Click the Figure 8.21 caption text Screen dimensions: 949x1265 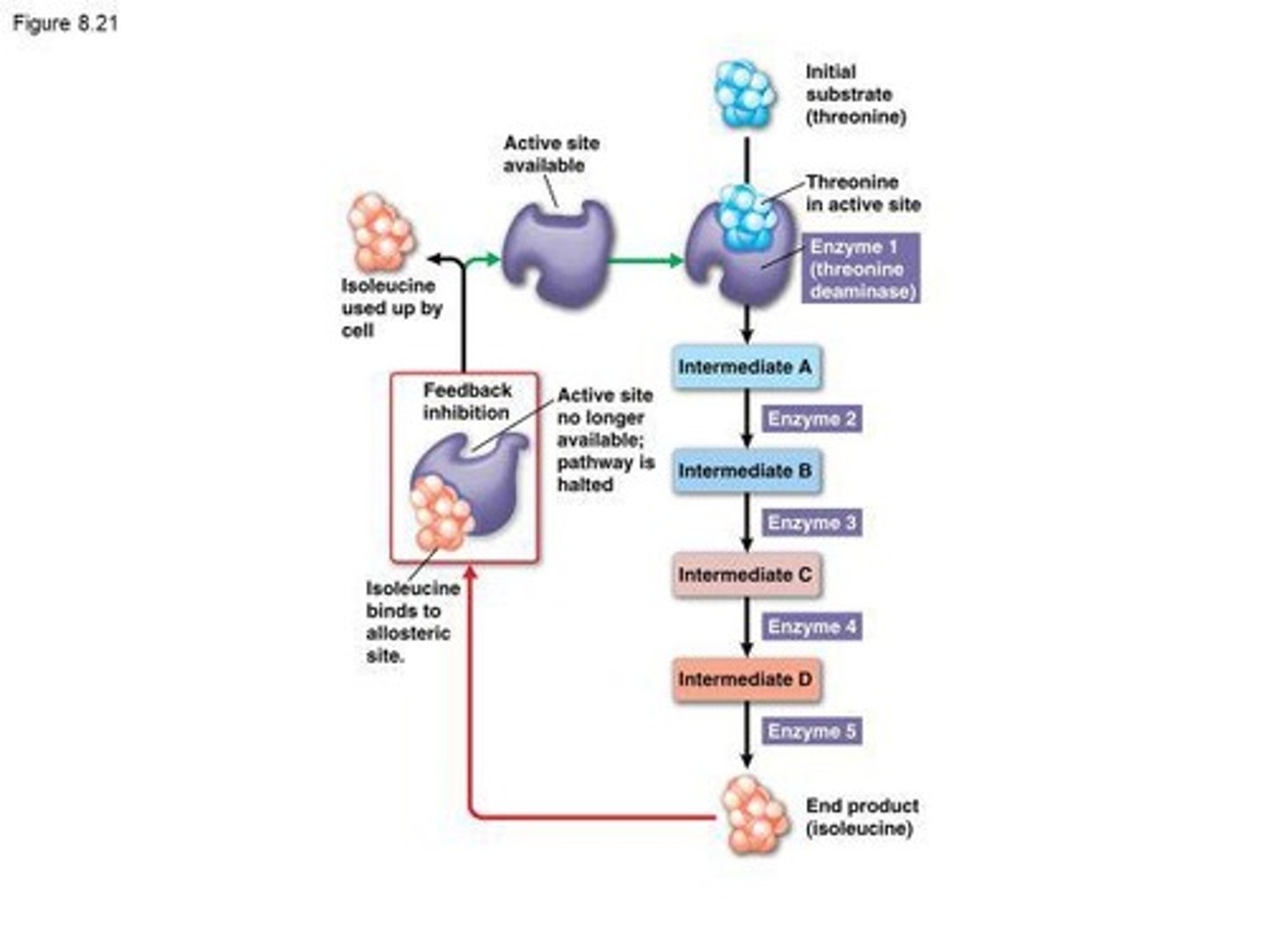coord(65,24)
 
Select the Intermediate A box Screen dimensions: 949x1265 coord(745,367)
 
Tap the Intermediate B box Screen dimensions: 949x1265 coord(745,471)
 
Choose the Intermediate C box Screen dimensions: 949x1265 coord(745,576)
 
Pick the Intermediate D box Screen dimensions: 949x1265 coord(745,679)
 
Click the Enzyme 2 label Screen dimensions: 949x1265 coord(811,419)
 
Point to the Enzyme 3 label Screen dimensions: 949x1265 coord(811,523)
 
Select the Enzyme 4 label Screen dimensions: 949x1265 coord(811,627)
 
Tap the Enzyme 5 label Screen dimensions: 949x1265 coord(811,731)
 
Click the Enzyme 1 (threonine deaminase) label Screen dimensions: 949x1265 coord(861,269)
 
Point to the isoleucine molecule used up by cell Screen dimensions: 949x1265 coord(380,234)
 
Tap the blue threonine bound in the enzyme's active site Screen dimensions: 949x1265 coord(744,216)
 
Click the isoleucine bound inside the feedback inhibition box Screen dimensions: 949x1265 coord(442,513)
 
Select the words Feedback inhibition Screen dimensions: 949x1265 coord(466,402)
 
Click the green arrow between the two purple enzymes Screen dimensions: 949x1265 coord(646,260)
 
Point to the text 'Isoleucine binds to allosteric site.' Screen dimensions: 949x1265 coord(411,622)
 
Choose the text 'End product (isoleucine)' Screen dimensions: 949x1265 coord(862,817)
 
